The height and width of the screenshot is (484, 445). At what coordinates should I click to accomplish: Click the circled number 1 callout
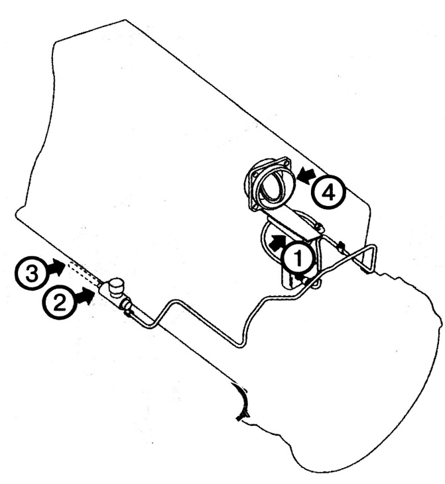coord(298,259)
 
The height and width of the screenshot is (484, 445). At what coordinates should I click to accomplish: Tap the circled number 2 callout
coord(60,301)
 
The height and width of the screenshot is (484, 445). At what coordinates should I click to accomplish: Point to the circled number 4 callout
coord(328,193)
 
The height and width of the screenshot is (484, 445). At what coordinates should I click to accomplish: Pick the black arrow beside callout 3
coord(56,267)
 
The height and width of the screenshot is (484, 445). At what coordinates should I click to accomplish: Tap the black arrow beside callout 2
coord(84,295)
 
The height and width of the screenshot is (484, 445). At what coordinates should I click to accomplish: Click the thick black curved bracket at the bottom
coord(242,402)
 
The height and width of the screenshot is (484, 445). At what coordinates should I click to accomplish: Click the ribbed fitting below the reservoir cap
coord(126,304)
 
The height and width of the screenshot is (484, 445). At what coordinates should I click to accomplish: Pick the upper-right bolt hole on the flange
coord(286,162)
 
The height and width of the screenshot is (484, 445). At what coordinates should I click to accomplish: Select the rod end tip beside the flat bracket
coord(320,228)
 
